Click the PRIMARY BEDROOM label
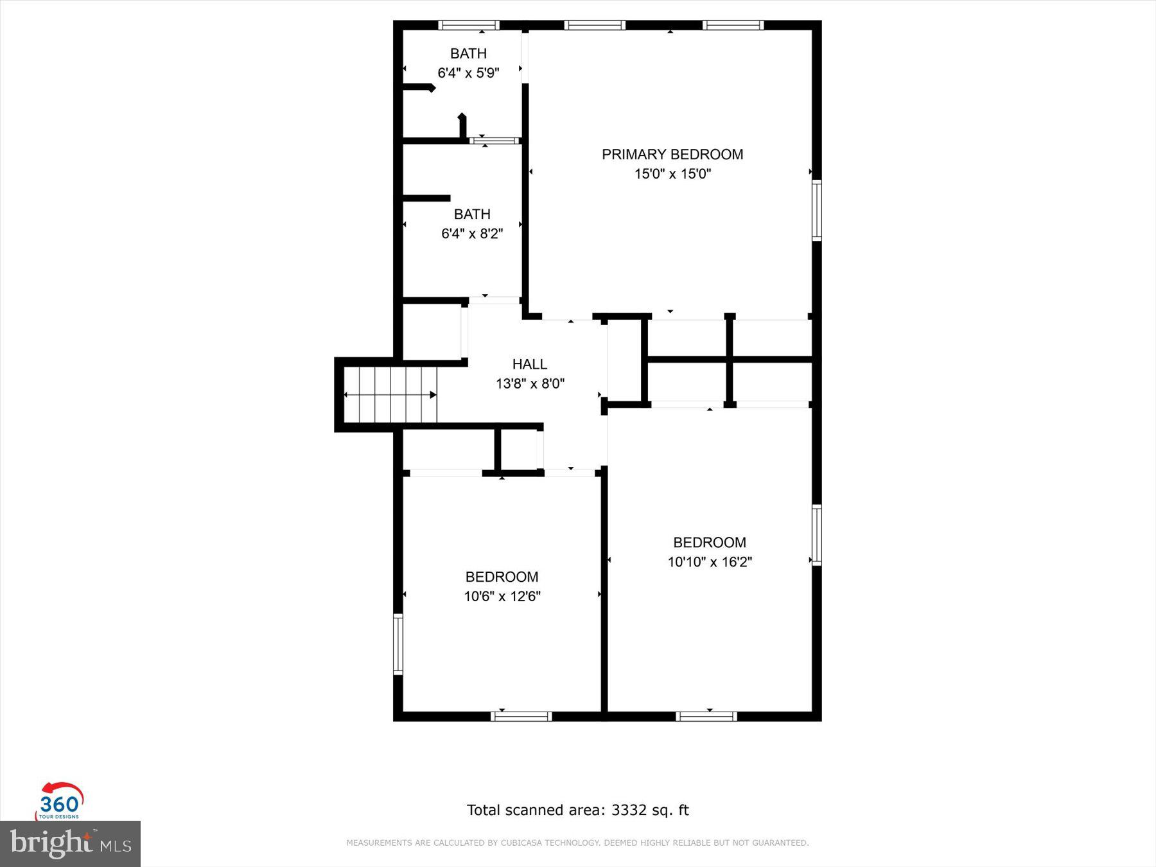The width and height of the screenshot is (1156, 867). (x=672, y=154)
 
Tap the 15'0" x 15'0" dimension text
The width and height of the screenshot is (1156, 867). (x=672, y=173)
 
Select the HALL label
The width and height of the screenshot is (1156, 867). (x=529, y=364)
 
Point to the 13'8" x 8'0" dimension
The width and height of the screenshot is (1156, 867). (x=530, y=383)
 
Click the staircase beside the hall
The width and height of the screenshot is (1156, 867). (x=390, y=394)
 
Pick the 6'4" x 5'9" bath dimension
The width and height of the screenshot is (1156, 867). (x=468, y=73)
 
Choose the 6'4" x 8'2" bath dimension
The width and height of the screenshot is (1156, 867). (x=471, y=233)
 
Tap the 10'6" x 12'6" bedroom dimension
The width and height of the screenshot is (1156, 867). (x=502, y=596)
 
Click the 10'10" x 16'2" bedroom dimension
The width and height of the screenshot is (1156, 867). (x=710, y=562)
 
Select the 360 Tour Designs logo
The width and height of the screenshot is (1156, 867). (x=60, y=801)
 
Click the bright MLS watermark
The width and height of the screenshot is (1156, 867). (x=70, y=843)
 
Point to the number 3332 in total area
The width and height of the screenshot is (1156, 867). (x=629, y=810)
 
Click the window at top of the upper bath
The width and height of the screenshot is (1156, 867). (x=469, y=26)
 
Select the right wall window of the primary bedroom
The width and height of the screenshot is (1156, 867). (x=817, y=210)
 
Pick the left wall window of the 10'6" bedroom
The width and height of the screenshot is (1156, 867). (x=398, y=644)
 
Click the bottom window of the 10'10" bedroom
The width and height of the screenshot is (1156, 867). (x=706, y=716)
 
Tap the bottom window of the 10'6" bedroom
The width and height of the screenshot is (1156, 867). (x=521, y=716)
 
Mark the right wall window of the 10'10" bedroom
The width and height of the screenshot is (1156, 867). (x=817, y=535)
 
